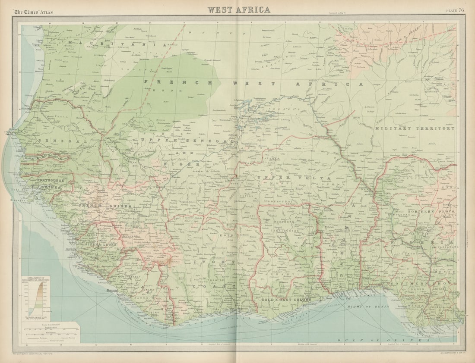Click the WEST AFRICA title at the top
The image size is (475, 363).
click(x=239, y=9)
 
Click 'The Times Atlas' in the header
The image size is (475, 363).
click(x=33, y=12)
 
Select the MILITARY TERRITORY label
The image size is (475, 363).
click(x=415, y=128)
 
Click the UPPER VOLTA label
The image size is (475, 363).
click(x=294, y=178)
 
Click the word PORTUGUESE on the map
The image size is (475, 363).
click(x=51, y=180)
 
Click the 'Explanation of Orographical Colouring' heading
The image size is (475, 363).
click(x=35, y=280)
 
